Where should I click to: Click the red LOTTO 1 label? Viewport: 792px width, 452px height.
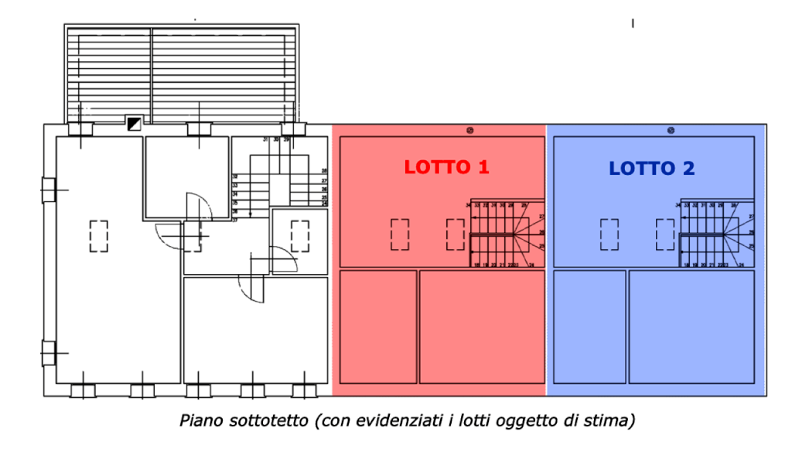tap(446, 166)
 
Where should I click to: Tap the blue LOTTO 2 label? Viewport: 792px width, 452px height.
tap(652, 168)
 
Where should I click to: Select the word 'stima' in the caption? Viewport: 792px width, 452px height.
tap(616, 421)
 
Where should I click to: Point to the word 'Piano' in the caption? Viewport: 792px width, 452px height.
tap(199, 421)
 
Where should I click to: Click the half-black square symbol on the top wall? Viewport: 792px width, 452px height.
tap(133, 123)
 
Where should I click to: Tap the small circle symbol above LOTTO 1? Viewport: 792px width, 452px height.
tap(470, 129)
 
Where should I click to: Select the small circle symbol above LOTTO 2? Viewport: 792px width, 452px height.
tap(671, 129)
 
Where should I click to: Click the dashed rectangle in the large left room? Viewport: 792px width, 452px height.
tap(98, 235)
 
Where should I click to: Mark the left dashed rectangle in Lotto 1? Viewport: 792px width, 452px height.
tap(400, 234)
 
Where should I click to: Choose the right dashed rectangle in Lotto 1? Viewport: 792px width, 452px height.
tap(455, 234)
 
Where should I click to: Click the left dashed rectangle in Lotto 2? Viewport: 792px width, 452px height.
tap(609, 234)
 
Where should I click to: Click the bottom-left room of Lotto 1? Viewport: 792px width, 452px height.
tap(378, 326)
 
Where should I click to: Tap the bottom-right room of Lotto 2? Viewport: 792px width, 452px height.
tap(691, 326)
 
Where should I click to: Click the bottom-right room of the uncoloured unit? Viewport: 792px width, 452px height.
tap(255, 329)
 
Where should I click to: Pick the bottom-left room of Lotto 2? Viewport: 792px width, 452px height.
tap(589, 326)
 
